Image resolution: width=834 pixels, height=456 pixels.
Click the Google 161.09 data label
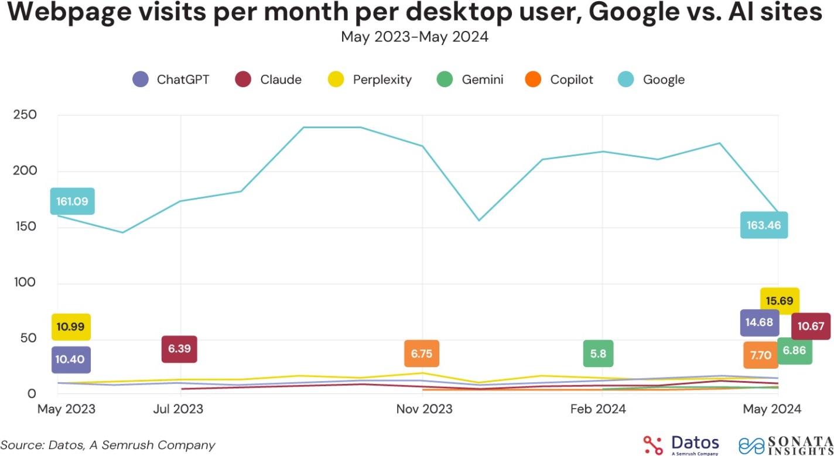coord(72,201)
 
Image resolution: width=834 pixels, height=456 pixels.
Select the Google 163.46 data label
coord(764,225)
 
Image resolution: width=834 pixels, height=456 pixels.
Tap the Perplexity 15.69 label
coord(779,301)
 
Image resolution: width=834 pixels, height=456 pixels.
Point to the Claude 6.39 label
coord(179,349)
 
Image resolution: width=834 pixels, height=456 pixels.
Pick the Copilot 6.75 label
coord(422,354)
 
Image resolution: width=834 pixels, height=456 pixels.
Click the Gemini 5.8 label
coord(598,354)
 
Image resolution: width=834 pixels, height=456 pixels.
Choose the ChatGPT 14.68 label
coord(759,323)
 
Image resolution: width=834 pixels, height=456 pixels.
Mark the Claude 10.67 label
coord(811,326)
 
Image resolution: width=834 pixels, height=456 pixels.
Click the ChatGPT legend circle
coord(141,80)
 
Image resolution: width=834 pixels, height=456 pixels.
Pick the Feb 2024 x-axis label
coord(598,409)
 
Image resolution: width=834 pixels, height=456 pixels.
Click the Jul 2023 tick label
coord(179,409)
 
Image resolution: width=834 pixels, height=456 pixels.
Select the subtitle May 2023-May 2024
coord(415,37)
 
